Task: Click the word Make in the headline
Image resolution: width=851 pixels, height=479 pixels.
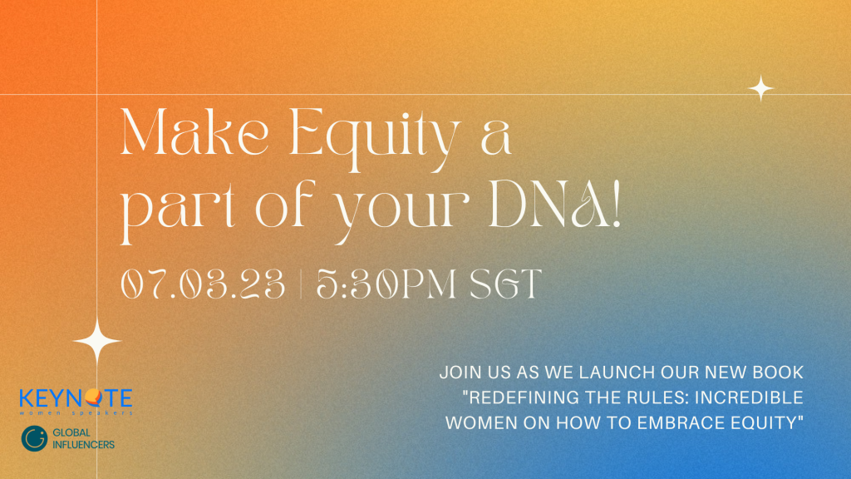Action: (194, 132)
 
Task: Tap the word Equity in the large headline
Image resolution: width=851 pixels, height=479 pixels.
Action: (376, 139)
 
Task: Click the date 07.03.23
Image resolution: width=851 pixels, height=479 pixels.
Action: (203, 284)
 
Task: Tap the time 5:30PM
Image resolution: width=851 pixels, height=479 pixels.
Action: (386, 284)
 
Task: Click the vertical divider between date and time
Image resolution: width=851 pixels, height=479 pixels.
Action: (301, 284)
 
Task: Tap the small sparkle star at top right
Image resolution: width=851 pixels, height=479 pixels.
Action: (761, 88)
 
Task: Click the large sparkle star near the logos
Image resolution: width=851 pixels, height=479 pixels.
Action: (97, 341)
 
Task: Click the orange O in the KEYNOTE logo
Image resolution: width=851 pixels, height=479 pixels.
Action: (93, 398)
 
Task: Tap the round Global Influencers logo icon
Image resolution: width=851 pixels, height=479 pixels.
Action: (34, 439)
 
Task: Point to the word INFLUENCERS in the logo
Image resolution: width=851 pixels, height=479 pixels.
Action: (84, 445)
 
